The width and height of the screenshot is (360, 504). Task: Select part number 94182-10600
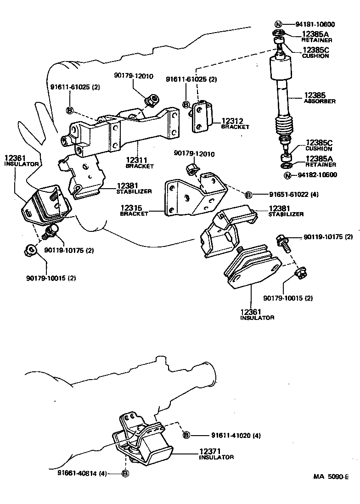(x=317, y=175)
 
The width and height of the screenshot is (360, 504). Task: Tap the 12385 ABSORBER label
(x=320, y=98)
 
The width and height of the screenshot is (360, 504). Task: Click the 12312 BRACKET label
(x=235, y=123)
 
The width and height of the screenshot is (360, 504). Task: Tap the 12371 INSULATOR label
(x=216, y=454)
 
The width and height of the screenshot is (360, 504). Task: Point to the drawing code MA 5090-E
(x=331, y=477)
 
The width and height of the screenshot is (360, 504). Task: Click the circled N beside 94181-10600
(x=278, y=25)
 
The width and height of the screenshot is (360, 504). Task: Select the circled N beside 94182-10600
(x=287, y=175)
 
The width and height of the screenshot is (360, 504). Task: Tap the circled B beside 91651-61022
(x=248, y=195)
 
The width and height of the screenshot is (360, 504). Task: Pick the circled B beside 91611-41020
(x=186, y=435)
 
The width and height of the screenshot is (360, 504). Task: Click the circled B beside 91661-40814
(x=125, y=474)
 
